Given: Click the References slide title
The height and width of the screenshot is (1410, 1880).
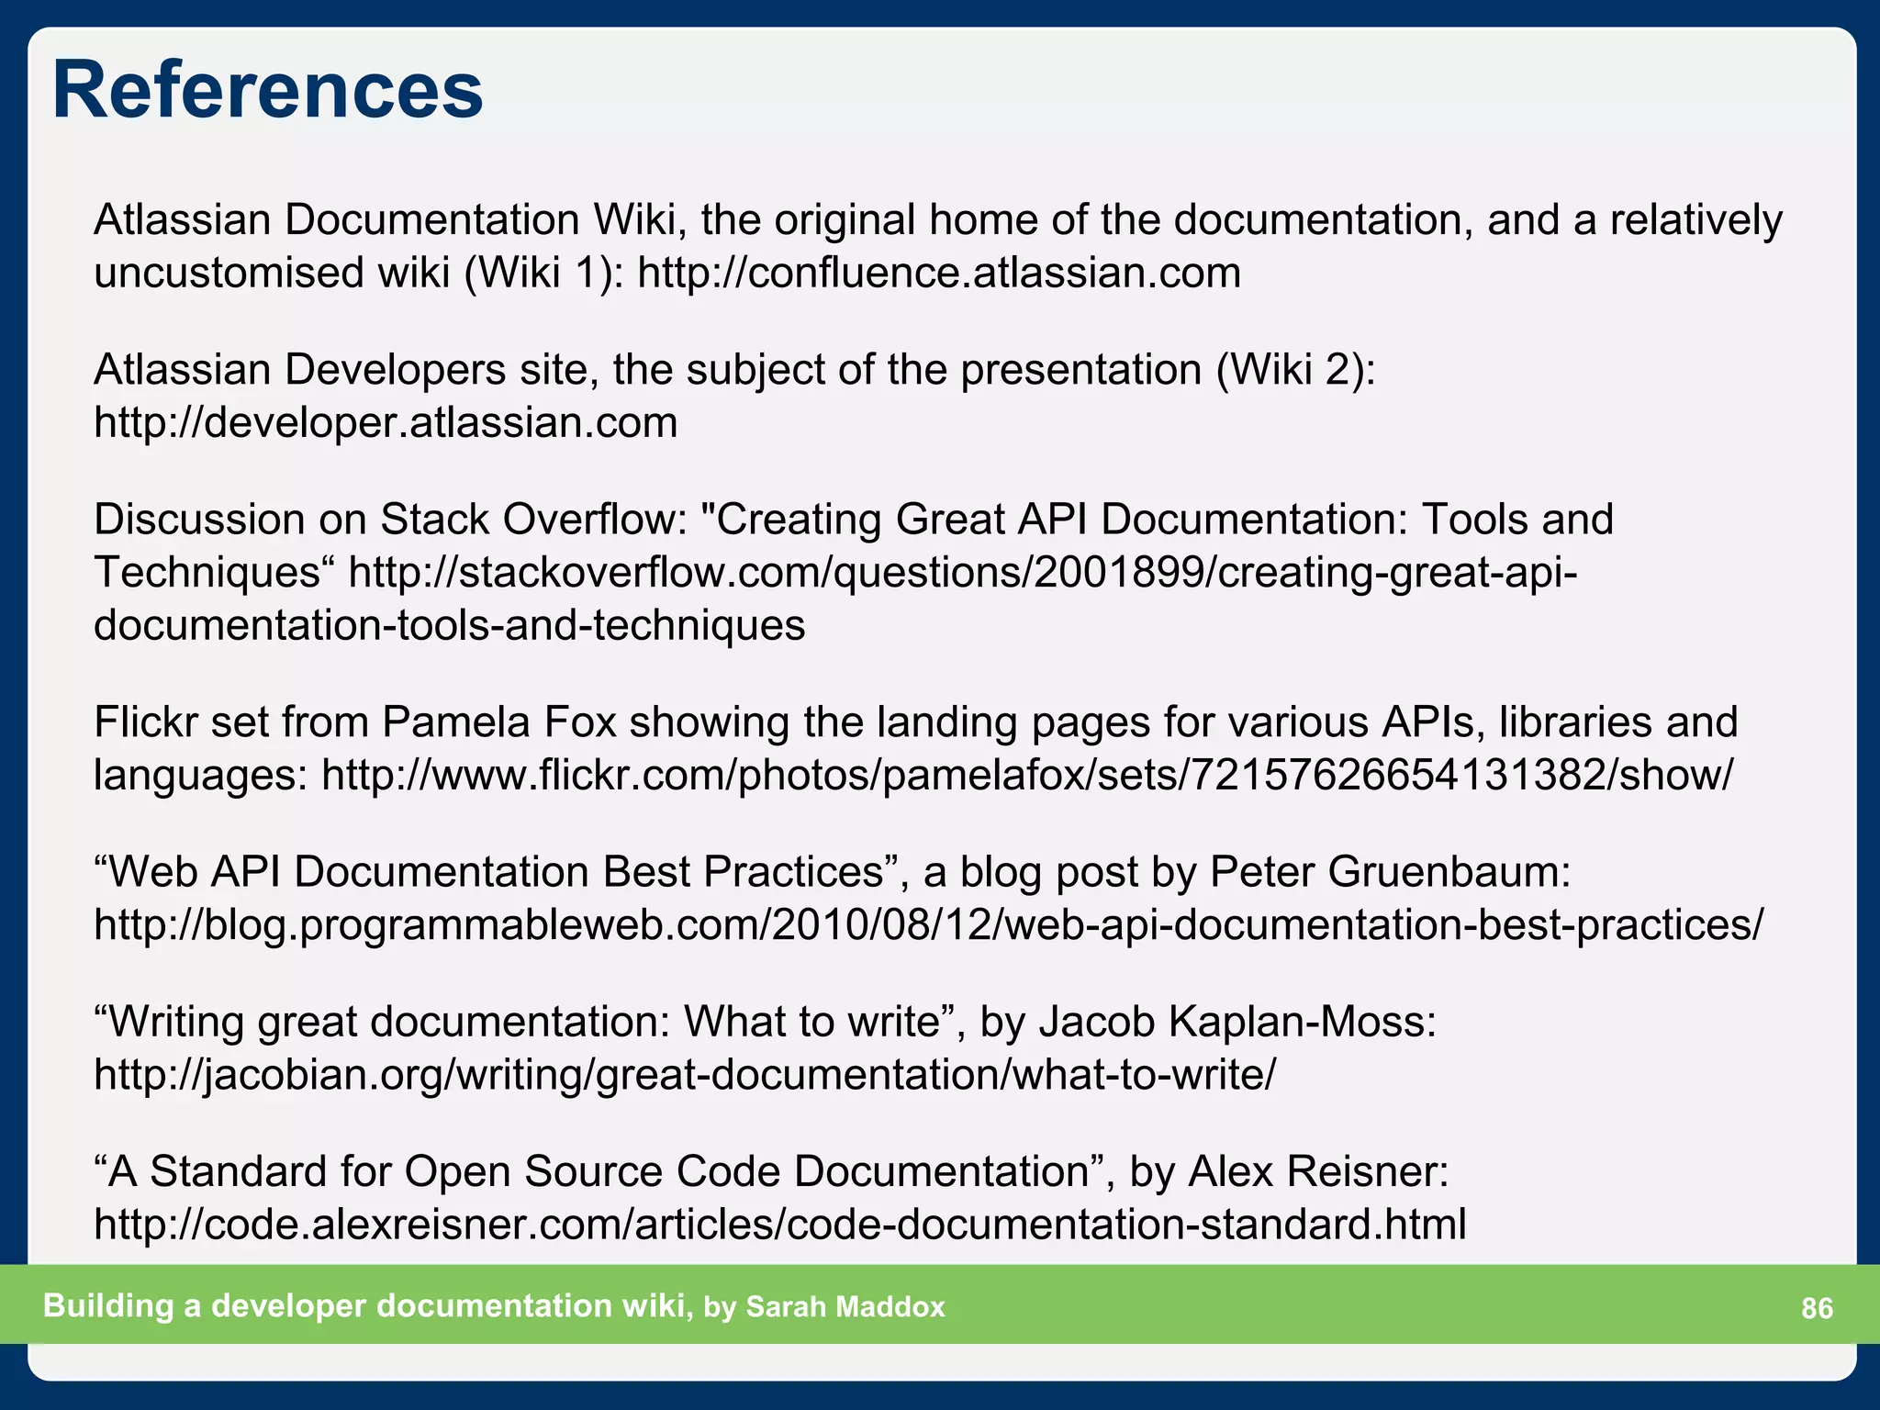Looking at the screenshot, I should [x=267, y=90].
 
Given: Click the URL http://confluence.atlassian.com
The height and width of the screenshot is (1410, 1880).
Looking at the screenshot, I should [x=938, y=274].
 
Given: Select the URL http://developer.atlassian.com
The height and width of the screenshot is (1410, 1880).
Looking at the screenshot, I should [x=386, y=423].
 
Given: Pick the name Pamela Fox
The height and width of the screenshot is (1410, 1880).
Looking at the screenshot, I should [x=499, y=722].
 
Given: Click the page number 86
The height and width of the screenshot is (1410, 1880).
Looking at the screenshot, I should [x=1817, y=1308].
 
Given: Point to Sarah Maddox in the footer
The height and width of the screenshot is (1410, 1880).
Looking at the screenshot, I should [x=845, y=1307].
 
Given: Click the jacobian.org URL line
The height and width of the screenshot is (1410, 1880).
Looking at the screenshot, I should [x=685, y=1075].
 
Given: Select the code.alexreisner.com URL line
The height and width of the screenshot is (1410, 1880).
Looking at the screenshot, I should [x=780, y=1225].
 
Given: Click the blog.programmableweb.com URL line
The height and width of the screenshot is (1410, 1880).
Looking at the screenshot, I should [x=928, y=925].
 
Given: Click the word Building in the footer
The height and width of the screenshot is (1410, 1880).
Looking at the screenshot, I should [x=108, y=1306].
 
